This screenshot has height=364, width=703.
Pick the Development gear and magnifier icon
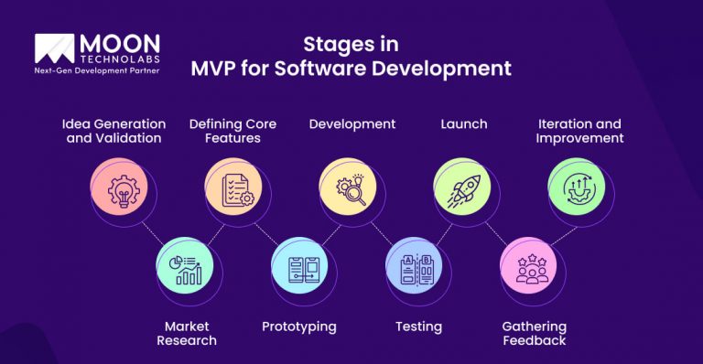coord(348,188)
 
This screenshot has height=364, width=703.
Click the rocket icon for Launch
coord(462,188)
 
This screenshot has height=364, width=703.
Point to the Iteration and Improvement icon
coord(577,188)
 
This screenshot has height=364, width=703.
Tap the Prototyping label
coord(298,327)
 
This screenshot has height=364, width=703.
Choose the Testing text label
coord(418,327)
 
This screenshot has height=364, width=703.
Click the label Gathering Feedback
coord(535,333)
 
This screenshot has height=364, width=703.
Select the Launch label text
coord(464,123)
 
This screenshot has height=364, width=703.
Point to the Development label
coord(351,123)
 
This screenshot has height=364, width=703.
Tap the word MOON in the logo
coord(120,43)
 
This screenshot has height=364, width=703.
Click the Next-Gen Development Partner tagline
coord(96,70)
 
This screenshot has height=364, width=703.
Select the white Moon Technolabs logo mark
coord(54,49)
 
